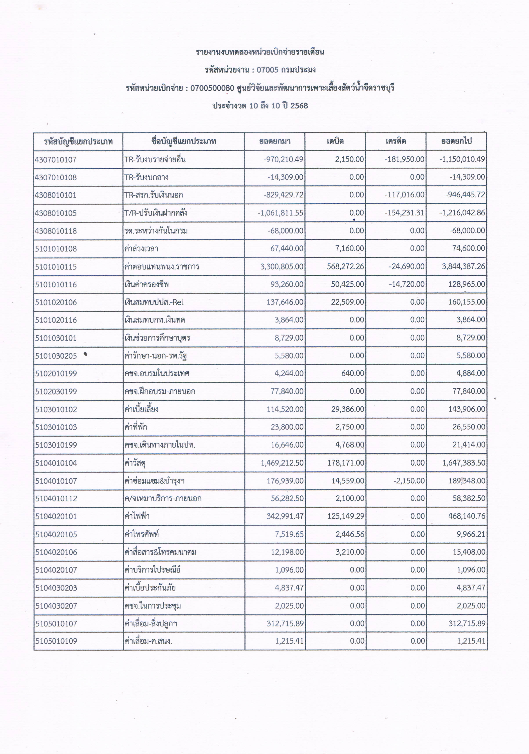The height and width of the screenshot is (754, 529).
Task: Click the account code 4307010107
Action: pos(56,160)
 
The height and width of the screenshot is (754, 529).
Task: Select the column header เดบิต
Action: pos(335,142)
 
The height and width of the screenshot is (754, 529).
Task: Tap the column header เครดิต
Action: pos(396,142)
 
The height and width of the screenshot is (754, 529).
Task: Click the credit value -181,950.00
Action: pos(404,160)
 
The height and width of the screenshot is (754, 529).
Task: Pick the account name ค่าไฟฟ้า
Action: pos(137,516)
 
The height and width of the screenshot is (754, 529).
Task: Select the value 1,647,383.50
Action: pos(464,463)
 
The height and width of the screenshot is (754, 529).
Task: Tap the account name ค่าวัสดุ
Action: pos(135,463)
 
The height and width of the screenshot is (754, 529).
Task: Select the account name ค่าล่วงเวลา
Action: pos(141,249)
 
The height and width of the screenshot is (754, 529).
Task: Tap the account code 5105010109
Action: pos(56,641)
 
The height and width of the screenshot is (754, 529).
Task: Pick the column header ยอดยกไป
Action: pos(456,142)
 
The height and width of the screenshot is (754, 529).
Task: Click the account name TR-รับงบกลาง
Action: pos(146,177)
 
